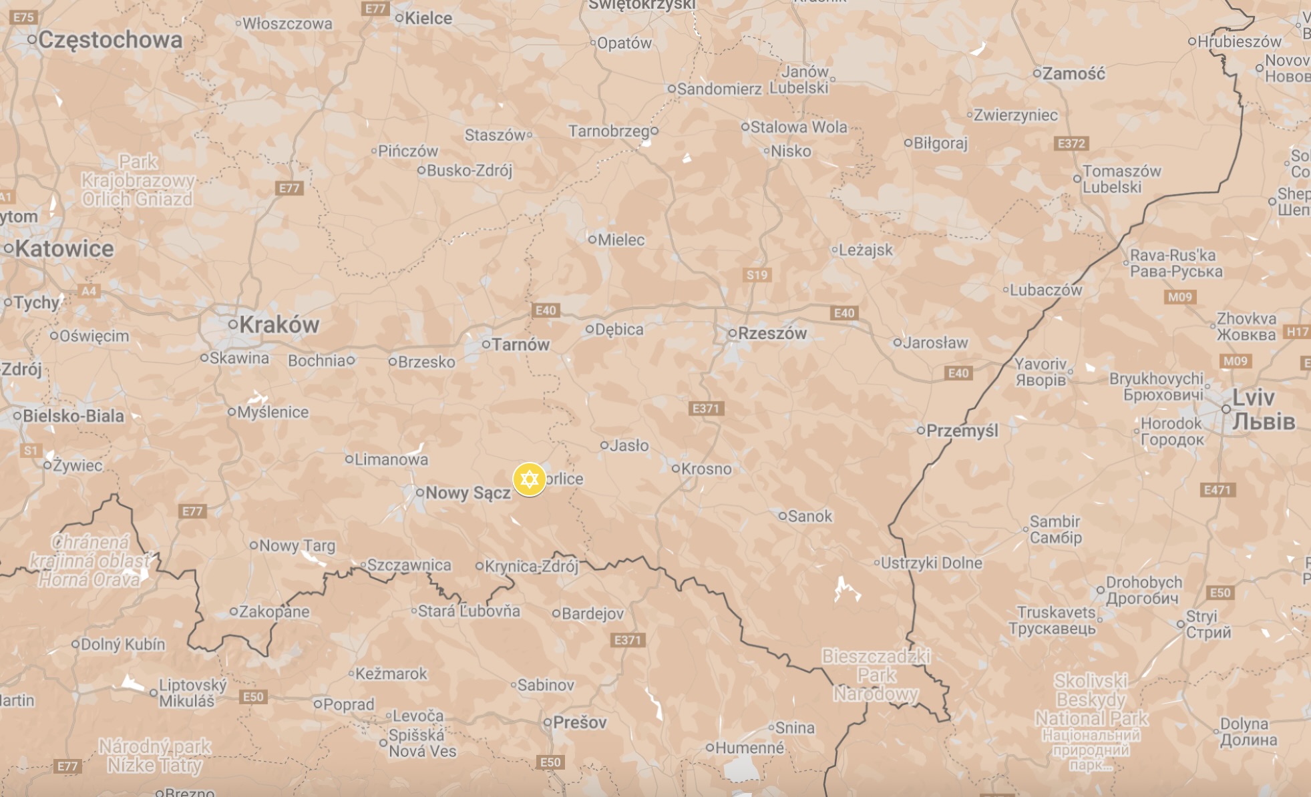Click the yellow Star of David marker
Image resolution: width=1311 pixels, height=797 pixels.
(x=529, y=479)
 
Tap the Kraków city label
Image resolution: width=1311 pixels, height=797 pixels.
(x=278, y=325)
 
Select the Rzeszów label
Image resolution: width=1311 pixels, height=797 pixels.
(x=772, y=333)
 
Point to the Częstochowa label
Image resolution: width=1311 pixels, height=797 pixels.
(x=110, y=40)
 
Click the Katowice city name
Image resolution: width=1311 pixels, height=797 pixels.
(x=64, y=249)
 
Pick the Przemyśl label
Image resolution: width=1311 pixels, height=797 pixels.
(x=962, y=431)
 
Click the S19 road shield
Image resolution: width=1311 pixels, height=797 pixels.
(x=757, y=275)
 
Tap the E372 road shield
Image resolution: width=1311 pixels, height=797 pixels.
(x=1071, y=144)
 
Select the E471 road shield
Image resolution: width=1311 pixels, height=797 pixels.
(x=1217, y=490)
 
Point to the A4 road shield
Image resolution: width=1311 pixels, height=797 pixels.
(x=88, y=291)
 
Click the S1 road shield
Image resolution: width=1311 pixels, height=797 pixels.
(x=31, y=451)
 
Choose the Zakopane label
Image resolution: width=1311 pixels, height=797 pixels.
(x=274, y=611)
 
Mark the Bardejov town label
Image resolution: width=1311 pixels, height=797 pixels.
(x=592, y=613)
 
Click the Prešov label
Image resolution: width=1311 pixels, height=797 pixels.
(x=580, y=722)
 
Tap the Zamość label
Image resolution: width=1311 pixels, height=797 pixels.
(x=1073, y=73)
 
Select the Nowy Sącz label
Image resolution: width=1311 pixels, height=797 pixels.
(x=467, y=493)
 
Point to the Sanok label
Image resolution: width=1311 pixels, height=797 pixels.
(x=809, y=516)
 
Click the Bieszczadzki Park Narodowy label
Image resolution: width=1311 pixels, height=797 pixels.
(x=876, y=675)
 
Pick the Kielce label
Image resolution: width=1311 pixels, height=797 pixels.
(x=428, y=18)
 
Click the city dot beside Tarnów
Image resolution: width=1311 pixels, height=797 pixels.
(x=486, y=344)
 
